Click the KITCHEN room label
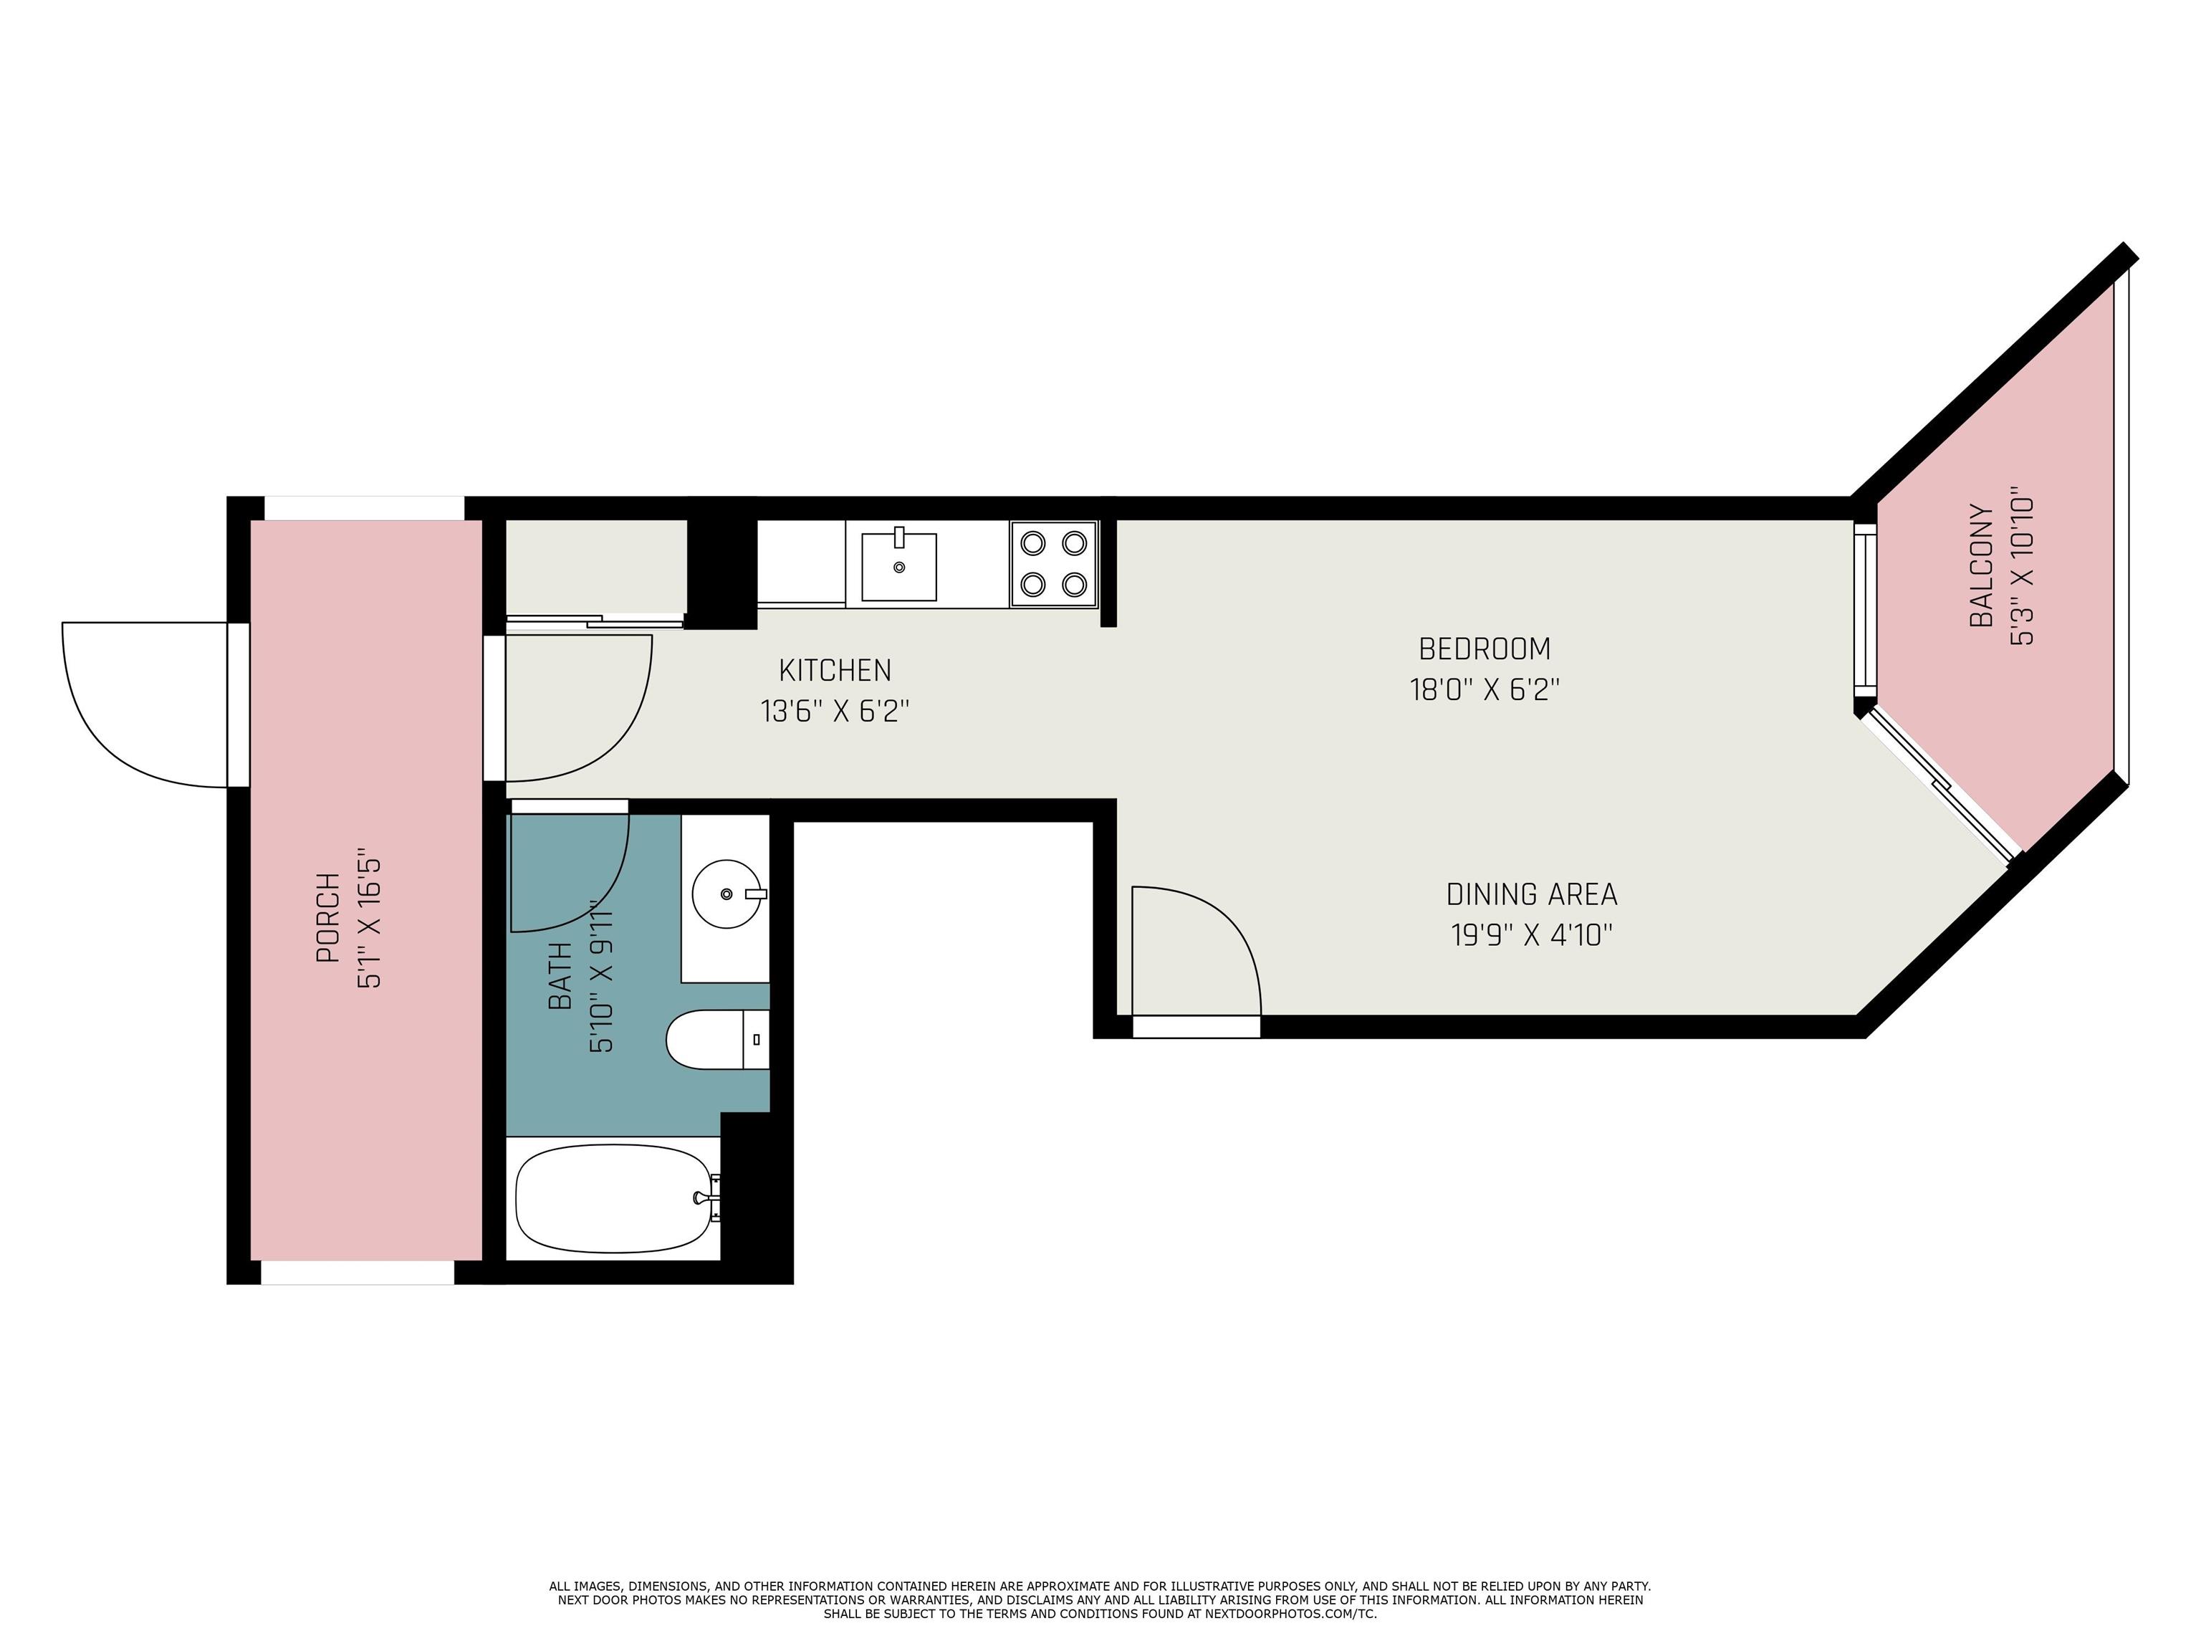point(835,670)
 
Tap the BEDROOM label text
point(1485,649)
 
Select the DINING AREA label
point(1531,895)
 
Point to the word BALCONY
point(1982,566)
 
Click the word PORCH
point(327,917)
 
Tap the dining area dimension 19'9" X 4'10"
point(1531,935)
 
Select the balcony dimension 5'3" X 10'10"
point(2022,566)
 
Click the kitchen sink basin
point(898,566)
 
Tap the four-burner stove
point(1054,563)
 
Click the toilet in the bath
point(717,1040)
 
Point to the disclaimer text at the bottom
point(1100,1599)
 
